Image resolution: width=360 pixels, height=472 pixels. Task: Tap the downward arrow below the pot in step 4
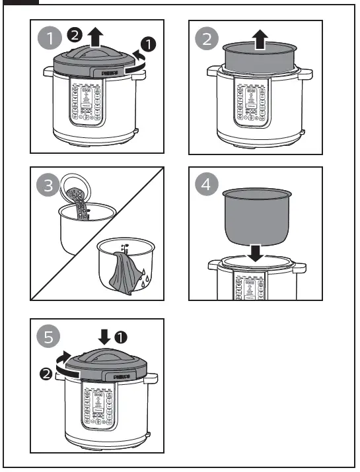point(258,252)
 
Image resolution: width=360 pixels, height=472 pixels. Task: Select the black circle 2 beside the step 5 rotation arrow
point(46,374)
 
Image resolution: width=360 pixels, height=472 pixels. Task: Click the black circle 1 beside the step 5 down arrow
point(120,337)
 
